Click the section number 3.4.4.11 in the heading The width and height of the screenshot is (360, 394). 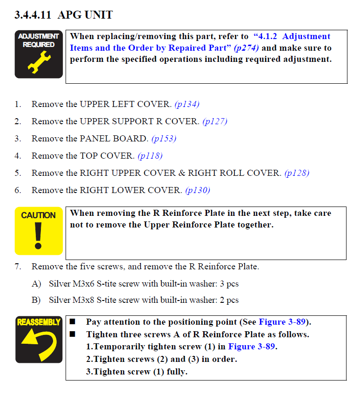coord(33,15)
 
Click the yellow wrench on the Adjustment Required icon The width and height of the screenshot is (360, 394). coord(39,62)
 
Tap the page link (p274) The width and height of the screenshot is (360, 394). coord(246,48)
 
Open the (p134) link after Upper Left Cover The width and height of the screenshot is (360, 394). coord(187,104)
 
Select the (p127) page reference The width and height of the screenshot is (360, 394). coord(215,121)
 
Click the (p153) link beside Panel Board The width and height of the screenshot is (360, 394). coord(164,139)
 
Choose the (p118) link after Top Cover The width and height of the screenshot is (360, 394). coord(150,156)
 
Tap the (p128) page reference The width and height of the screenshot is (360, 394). coord(297,173)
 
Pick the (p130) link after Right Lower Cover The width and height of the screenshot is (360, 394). coord(198,190)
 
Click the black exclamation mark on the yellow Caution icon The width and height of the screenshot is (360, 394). coord(38,236)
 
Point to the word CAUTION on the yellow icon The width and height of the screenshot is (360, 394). coord(39,215)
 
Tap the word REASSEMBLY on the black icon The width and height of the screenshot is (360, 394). coord(39,322)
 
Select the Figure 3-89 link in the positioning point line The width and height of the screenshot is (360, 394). coord(282,322)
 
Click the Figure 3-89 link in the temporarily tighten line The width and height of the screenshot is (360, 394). coord(252,347)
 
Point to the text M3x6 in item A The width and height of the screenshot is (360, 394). coord(83,284)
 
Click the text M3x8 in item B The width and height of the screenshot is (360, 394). coord(83,300)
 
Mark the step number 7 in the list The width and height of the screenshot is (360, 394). coord(18,267)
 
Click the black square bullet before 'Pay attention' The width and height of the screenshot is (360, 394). coord(73,321)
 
